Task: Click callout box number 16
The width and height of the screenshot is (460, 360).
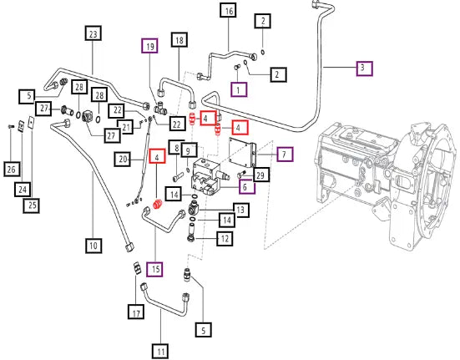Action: [229, 11]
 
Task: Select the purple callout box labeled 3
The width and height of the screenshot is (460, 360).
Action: [364, 68]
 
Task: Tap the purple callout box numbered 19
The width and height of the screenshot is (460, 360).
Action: [149, 46]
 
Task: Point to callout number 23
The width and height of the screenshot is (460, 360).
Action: [93, 33]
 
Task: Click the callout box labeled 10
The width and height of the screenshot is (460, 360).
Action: [94, 246]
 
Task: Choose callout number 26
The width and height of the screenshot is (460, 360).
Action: [12, 169]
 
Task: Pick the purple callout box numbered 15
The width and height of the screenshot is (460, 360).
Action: [155, 269]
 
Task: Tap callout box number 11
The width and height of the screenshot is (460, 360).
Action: [160, 351]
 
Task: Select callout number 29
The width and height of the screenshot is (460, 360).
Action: [260, 175]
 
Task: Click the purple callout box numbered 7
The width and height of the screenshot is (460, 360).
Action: [285, 154]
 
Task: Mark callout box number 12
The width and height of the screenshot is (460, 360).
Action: [225, 238]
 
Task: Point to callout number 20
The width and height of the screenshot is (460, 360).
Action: [123, 160]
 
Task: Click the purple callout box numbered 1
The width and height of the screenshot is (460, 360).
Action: [239, 89]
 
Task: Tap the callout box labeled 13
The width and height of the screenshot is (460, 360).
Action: [241, 210]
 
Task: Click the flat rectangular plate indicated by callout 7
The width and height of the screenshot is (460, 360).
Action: [242, 152]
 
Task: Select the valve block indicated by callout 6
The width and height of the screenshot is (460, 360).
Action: [206, 176]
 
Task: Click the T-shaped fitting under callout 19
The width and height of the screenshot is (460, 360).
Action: [161, 108]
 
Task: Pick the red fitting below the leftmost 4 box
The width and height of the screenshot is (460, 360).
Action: [158, 204]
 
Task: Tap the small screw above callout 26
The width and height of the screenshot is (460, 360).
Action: [11, 127]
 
